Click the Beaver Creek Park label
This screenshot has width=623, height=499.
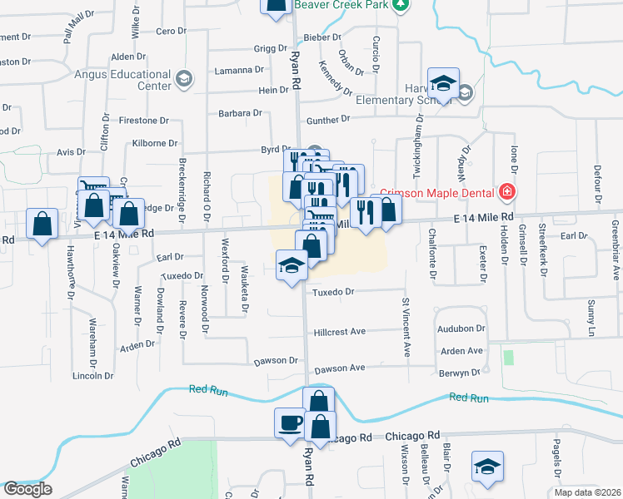pos(341,5)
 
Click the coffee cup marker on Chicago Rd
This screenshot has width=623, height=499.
pos(290,422)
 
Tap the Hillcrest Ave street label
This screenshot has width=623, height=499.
pos(340,332)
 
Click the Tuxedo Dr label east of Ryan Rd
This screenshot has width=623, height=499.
pos(333,292)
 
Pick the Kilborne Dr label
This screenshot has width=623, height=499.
pos(155,144)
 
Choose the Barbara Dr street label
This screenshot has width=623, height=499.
pos(240,113)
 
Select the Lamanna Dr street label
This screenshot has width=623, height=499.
pos(237,70)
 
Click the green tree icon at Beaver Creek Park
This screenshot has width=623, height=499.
pos(401,4)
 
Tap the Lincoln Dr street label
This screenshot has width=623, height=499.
pos(93,376)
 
